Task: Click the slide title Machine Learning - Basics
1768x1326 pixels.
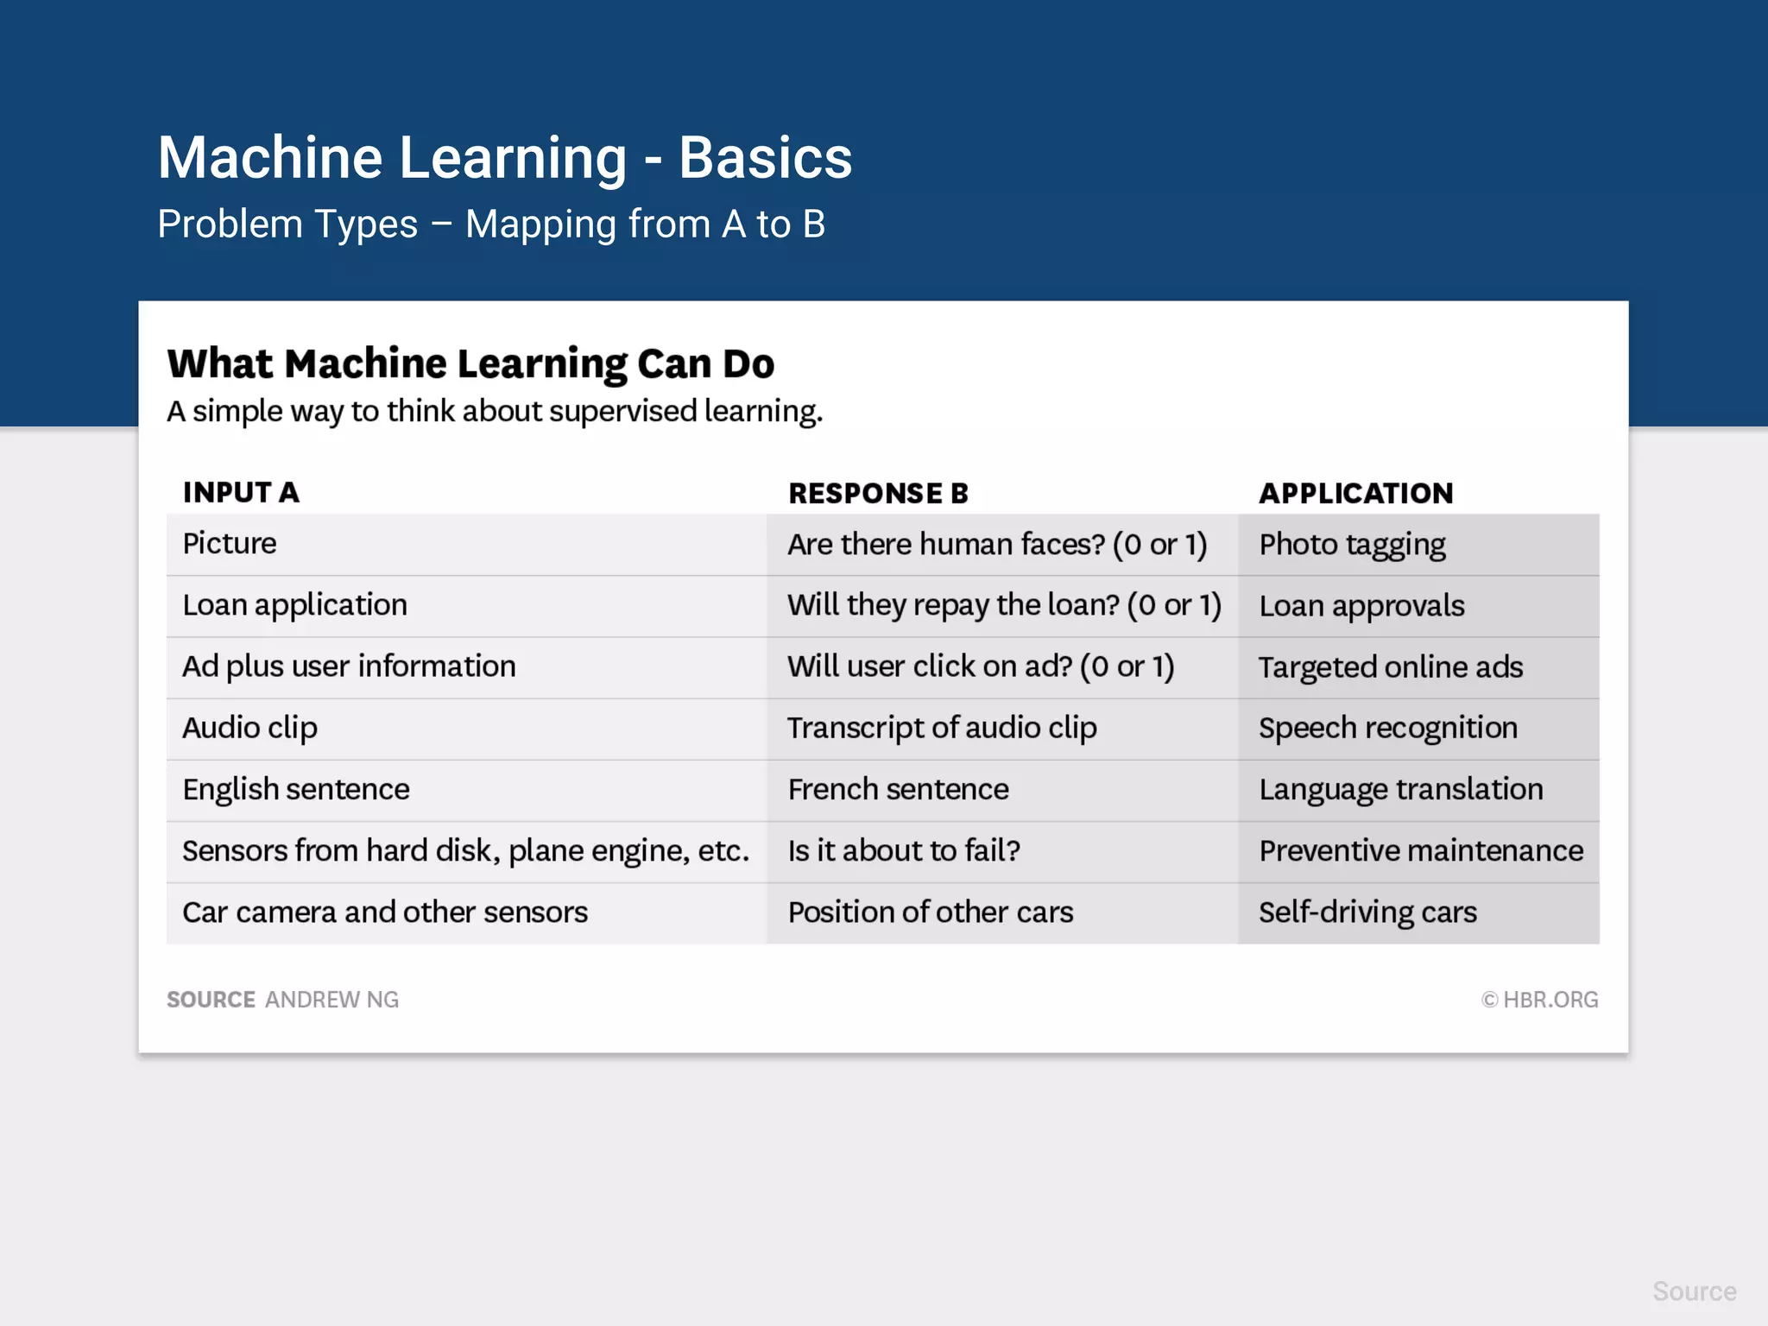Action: (504, 158)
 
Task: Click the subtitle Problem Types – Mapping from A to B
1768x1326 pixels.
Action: (490, 224)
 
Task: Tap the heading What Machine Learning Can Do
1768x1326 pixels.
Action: (470, 363)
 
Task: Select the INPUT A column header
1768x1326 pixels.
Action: (241, 492)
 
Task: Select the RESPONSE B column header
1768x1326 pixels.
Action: (878, 493)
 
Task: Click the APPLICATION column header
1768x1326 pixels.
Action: (1355, 493)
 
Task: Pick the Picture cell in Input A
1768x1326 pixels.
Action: (230, 544)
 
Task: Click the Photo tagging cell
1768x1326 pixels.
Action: (1352, 545)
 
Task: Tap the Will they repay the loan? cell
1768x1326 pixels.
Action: (1003, 605)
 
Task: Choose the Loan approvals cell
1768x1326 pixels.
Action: (1361, 606)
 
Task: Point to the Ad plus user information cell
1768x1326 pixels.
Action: (349, 666)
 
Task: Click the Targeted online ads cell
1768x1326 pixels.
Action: (1390, 667)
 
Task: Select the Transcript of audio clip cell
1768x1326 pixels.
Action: (942, 728)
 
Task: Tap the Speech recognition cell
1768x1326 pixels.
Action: (1387, 728)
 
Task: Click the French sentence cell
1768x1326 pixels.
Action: (898, 789)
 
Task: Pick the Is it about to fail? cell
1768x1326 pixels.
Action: (903, 850)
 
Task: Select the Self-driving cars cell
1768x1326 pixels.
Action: (1367, 912)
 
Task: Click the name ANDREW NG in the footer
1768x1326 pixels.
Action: (331, 1000)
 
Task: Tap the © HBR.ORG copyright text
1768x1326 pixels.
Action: (1539, 1000)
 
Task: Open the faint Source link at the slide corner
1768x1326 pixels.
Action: (1694, 1291)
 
